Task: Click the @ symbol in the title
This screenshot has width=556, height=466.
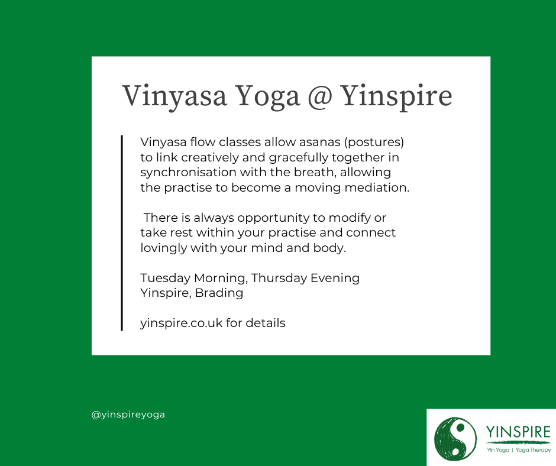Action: point(320,96)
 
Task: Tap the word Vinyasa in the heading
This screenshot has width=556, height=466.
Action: point(174,96)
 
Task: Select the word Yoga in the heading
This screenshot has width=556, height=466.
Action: point(268,96)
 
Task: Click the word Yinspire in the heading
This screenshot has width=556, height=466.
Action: point(396,96)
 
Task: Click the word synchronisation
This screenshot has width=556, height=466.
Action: point(188,172)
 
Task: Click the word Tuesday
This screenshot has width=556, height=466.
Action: point(165,278)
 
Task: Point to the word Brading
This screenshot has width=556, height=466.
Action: point(219,293)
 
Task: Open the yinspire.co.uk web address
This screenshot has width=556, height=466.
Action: point(182,323)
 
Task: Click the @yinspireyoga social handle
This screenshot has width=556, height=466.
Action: point(128,415)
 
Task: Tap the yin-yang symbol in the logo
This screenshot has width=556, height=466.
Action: point(455,438)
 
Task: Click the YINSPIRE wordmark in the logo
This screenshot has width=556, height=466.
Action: point(518,432)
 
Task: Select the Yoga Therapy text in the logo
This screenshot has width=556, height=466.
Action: point(533,450)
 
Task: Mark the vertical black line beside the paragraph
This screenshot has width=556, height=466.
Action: point(122,233)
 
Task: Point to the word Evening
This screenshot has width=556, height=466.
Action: point(335,278)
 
